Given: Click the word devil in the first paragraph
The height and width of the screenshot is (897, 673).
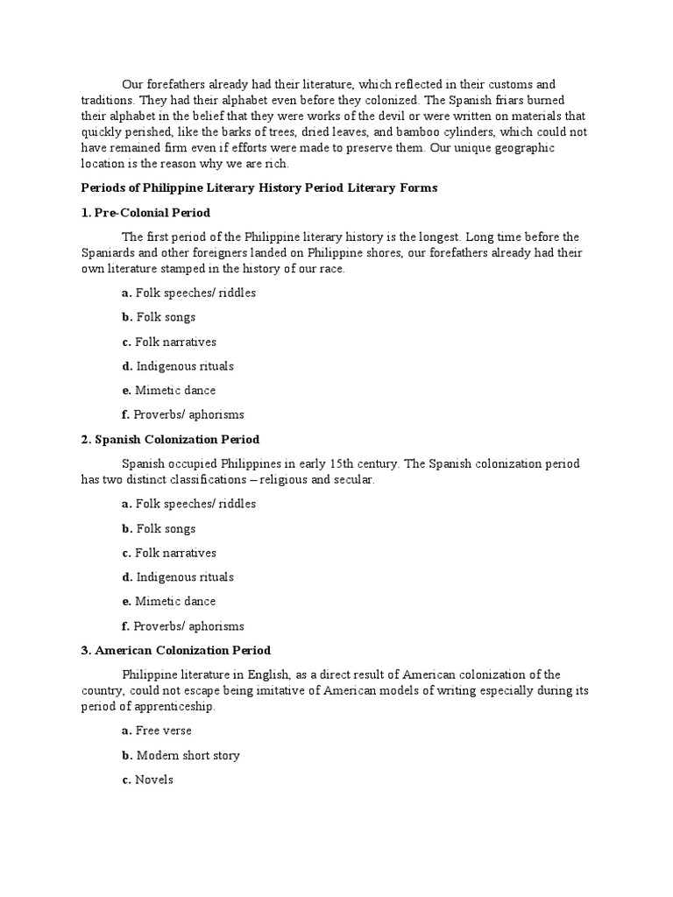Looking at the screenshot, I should pos(390,117).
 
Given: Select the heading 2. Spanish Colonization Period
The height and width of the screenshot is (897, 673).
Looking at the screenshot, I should pos(170,440).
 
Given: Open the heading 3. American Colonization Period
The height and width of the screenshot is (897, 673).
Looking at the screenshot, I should pos(175,650).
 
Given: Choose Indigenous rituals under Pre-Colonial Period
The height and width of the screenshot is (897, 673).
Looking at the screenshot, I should pos(178,366).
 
